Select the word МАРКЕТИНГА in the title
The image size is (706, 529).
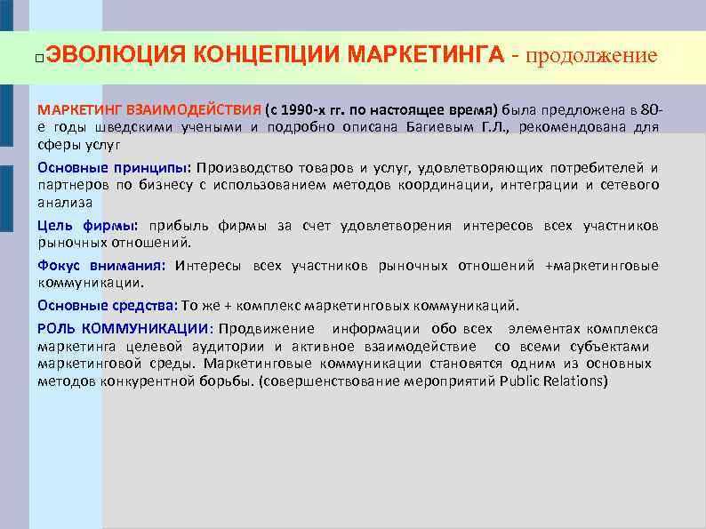(x=427, y=56)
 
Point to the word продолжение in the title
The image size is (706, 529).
(x=591, y=56)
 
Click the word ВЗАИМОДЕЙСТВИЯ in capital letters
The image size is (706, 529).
(x=195, y=110)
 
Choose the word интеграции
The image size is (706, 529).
(x=542, y=184)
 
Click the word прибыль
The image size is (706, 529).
(x=177, y=226)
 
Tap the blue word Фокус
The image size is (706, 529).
(x=57, y=265)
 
